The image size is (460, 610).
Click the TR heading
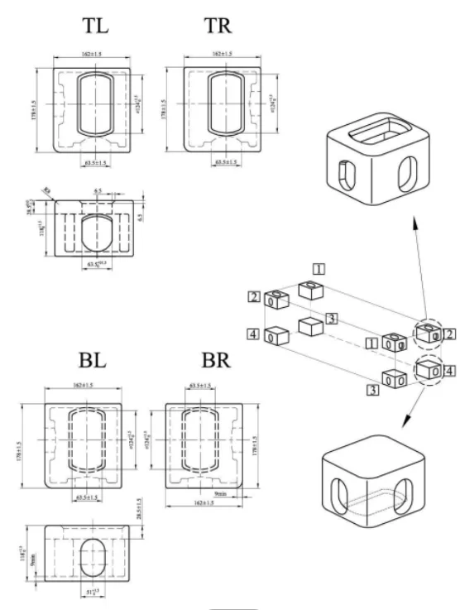(218, 25)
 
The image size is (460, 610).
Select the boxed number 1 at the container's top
(318, 268)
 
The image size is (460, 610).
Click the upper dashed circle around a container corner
(429, 334)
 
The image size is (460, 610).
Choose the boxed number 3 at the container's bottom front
(373, 388)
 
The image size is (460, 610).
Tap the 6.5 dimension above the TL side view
(98, 191)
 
